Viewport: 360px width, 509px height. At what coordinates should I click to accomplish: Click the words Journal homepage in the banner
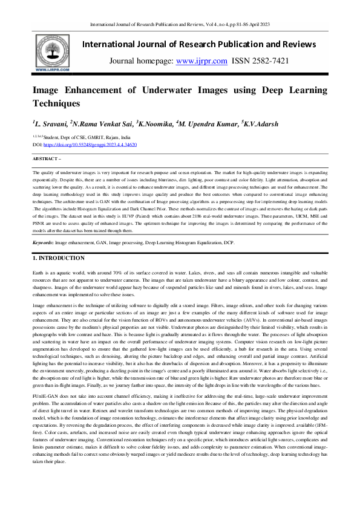[140, 60]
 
